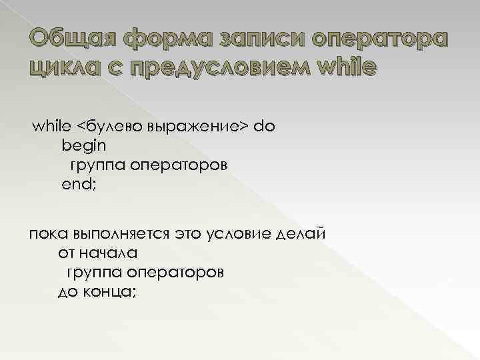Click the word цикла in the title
point(56,67)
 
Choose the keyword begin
point(83,144)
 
